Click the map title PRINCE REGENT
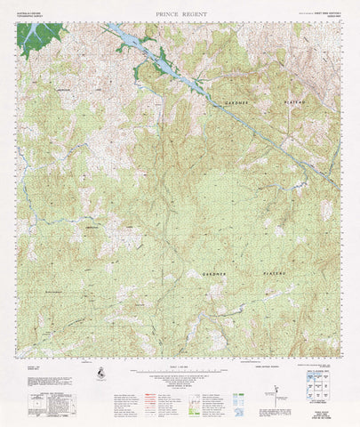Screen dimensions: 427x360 point(179,14)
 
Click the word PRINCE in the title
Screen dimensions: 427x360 point(166,14)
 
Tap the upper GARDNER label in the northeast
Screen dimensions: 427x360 point(240,103)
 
